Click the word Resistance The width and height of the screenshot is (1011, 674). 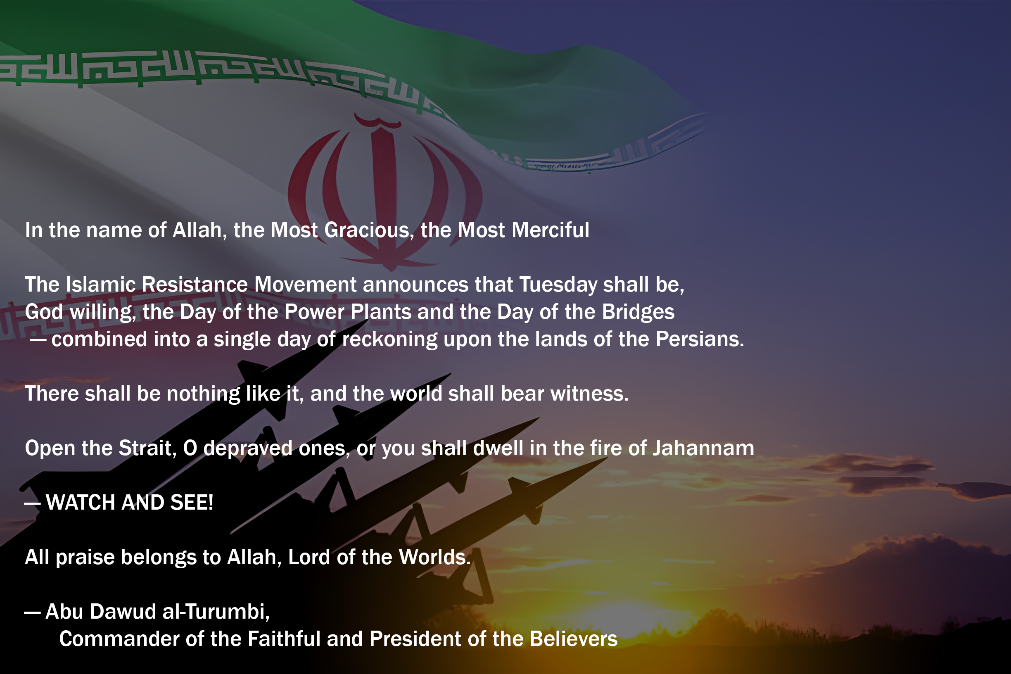point(195,285)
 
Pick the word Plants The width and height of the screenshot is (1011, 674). point(381,312)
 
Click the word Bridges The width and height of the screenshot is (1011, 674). point(638,313)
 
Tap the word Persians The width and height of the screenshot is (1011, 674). point(700,339)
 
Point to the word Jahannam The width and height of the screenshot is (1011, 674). point(703,449)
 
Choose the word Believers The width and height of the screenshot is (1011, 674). point(573,639)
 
